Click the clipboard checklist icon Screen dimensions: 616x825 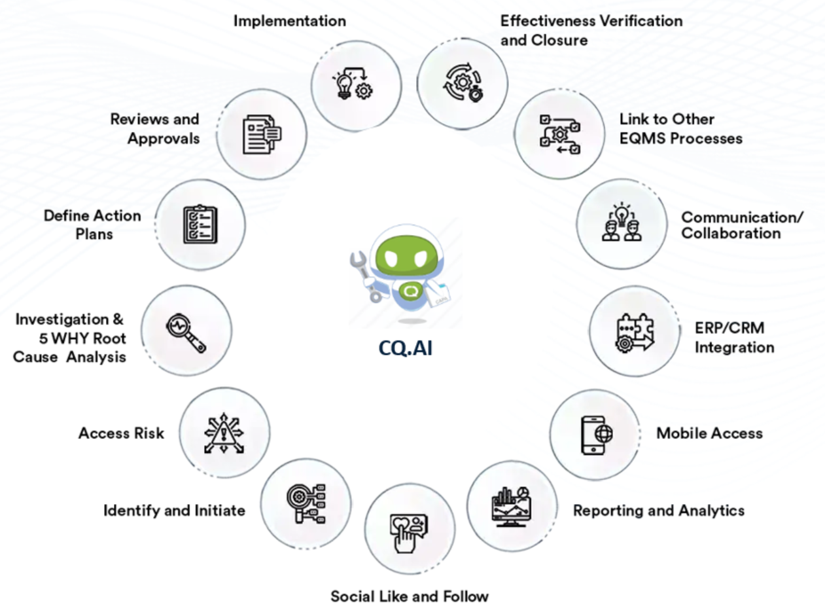[200, 225]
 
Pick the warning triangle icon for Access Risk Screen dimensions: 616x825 [223, 432]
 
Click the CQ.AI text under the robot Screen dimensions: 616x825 [405, 348]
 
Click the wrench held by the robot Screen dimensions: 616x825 [364, 274]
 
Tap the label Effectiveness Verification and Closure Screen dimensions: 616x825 [591, 30]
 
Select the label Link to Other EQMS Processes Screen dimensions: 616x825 [680, 129]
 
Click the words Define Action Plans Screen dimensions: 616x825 [92, 224]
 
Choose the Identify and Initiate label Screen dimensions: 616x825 [174, 510]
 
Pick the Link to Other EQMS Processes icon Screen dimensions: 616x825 [558, 135]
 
